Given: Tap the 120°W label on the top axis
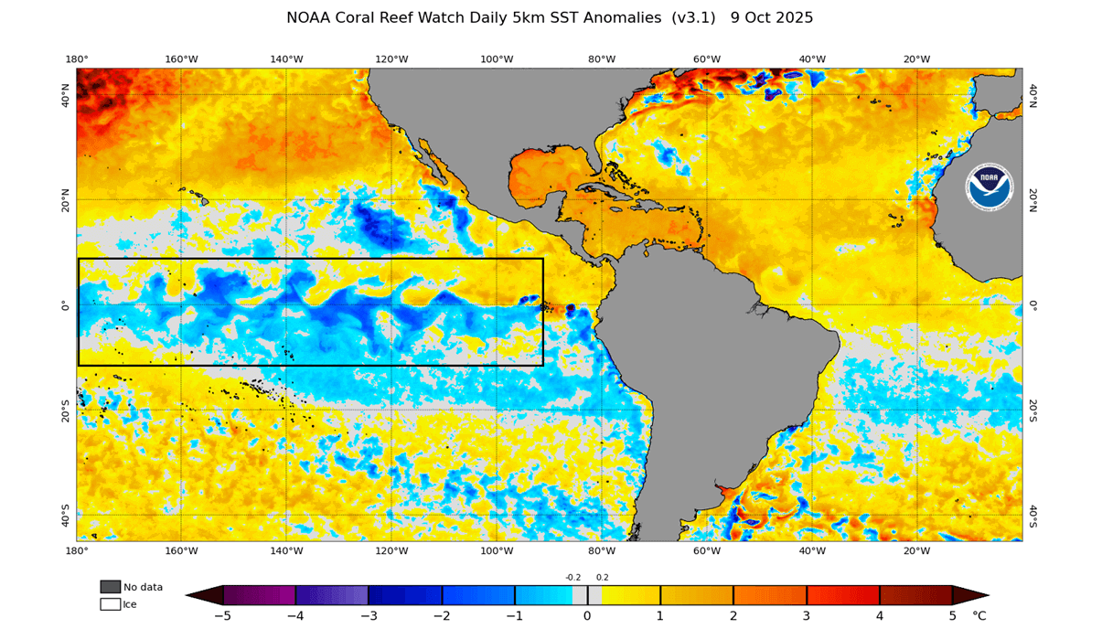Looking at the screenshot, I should click(x=391, y=59).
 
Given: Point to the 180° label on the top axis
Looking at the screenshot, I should click(x=77, y=59).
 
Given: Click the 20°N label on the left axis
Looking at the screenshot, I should click(x=66, y=200).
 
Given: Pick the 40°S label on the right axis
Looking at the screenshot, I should click(x=1032, y=516).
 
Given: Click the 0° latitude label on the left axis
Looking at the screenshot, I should click(x=66, y=305).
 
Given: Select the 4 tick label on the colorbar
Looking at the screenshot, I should click(x=880, y=616).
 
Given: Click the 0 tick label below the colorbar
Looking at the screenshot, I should click(x=587, y=616).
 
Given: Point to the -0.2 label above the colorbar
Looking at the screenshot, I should click(x=573, y=577).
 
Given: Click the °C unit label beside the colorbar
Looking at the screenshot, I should click(x=979, y=616).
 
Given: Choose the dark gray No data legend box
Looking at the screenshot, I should click(x=110, y=587).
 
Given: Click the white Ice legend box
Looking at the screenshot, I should click(x=110, y=604).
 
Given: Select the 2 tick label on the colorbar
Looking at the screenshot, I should click(x=733, y=616).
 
